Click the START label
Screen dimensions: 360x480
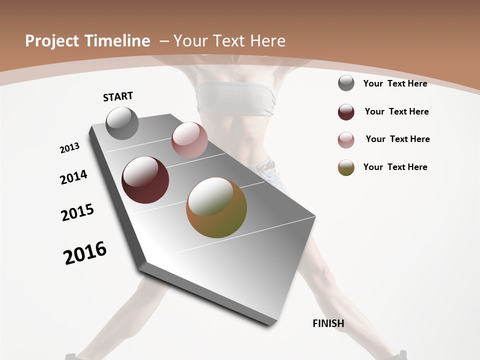118,96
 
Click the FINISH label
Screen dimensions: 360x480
328,323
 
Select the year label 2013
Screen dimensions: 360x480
69,148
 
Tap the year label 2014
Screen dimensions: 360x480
74,177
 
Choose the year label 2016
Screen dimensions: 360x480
85,252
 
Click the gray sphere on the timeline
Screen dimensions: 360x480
122,123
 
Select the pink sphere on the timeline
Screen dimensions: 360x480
189,140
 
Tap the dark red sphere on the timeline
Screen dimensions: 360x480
145,180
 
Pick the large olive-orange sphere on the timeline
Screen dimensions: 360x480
216,207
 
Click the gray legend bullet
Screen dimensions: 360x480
346,83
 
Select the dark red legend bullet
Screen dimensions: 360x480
346,112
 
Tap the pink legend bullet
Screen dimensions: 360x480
346,140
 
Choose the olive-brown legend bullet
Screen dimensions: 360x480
346,167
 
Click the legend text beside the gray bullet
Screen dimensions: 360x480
395,83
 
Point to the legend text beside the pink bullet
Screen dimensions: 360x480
397,139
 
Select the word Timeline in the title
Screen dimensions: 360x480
118,41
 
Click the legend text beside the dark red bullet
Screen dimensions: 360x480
396,111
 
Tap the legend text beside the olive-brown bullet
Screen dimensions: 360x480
395,167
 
